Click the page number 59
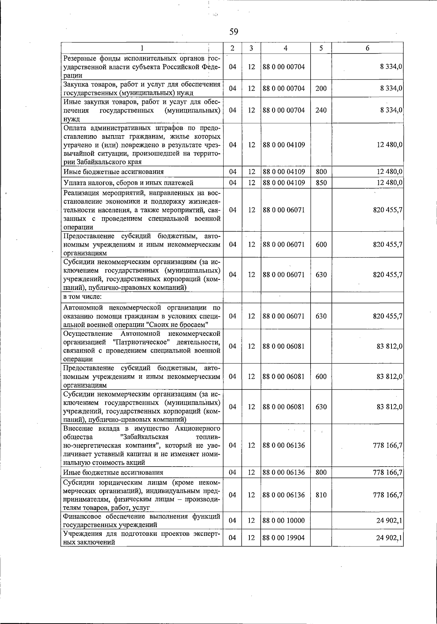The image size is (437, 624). tap(234, 32)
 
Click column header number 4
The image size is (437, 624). tap(286, 48)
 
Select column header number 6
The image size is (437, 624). tap(367, 48)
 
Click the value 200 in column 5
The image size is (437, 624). tap(320, 89)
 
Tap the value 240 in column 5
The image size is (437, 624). tap(320, 110)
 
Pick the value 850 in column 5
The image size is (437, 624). tap(320, 183)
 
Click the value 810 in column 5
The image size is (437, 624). tap(320, 495)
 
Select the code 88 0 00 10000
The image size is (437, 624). tap(283, 521)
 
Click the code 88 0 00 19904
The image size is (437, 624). tap(283, 538)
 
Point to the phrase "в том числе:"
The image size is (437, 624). tap(83, 297)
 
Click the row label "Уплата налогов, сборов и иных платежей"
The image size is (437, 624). tap(128, 183)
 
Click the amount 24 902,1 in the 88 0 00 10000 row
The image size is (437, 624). tap(389, 521)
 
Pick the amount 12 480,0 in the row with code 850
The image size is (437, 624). tap(389, 183)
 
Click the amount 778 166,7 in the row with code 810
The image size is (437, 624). tap(387, 495)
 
